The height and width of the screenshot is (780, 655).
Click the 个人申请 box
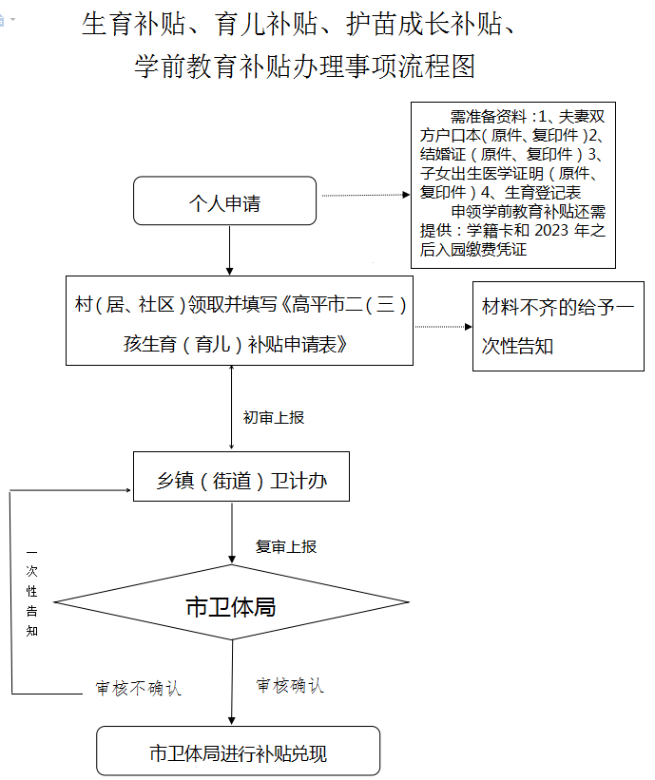coord(224,200)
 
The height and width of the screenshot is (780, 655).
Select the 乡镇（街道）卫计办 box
coord(241,476)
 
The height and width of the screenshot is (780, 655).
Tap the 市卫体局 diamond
coord(231,602)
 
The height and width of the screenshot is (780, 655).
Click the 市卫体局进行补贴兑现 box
coord(238,751)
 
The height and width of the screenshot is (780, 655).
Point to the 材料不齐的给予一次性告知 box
coord(558,326)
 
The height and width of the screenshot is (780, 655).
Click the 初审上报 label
coord(274,417)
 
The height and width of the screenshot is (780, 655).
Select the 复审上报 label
coord(286,546)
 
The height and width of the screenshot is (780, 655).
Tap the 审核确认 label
coord(290,686)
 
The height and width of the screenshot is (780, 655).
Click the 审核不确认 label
coord(139,689)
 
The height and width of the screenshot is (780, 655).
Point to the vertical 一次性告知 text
coord(32,593)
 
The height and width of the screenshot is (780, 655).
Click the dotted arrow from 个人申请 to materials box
coord(366,195)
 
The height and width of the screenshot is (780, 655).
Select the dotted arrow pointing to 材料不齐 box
coord(443,327)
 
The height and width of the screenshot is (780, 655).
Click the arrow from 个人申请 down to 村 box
coord(229,250)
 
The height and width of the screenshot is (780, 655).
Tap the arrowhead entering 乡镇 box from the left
coord(128,490)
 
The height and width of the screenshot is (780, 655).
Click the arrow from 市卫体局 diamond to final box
coord(232,682)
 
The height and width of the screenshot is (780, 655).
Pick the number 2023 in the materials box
coord(551,230)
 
